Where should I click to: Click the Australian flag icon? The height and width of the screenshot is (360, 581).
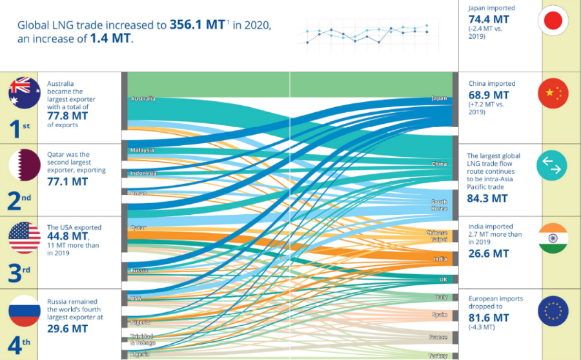(x=25, y=92)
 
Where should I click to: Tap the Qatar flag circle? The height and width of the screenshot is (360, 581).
(x=25, y=165)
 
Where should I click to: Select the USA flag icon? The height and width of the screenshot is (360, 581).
(x=25, y=237)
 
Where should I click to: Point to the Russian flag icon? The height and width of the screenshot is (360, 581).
(x=25, y=311)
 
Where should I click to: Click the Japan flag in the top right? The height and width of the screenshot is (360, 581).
(x=553, y=21)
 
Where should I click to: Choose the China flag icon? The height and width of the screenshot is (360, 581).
(x=553, y=93)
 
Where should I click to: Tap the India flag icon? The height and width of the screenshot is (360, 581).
(x=553, y=239)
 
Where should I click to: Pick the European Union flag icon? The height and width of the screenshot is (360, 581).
(x=553, y=311)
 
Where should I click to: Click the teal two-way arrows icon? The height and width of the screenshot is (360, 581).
(x=553, y=166)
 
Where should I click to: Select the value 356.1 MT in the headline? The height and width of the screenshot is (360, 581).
(x=196, y=26)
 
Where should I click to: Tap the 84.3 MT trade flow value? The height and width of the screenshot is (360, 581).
(x=487, y=198)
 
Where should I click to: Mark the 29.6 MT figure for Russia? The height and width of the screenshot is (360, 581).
(x=67, y=328)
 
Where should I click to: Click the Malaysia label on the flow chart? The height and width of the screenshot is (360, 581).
(x=142, y=150)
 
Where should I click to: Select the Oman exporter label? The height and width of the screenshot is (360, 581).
(x=138, y=194)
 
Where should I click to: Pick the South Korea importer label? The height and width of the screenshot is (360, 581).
(x=439, y=205)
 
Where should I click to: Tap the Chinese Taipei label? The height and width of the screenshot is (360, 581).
(x=437, y=235)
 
